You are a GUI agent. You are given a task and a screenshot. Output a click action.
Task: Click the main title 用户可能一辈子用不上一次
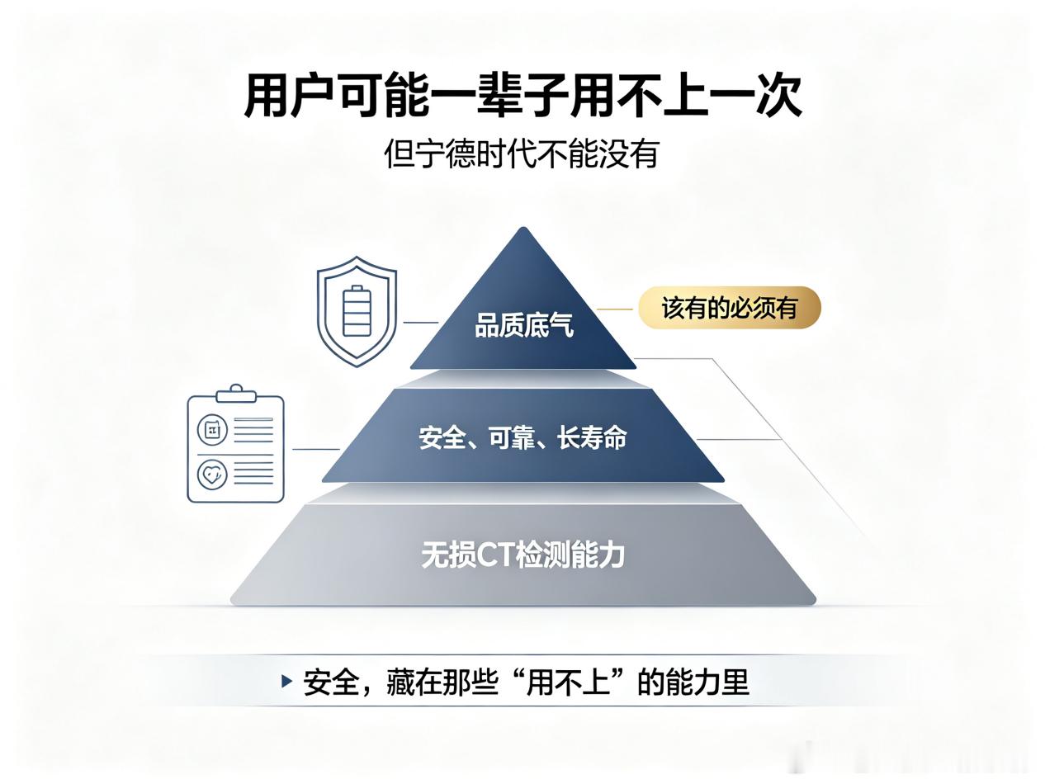(x=522, y=97)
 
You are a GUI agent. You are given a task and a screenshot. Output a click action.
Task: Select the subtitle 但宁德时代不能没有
(x=522, y=153)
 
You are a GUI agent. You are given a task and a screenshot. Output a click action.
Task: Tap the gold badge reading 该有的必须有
(x=730, y=308)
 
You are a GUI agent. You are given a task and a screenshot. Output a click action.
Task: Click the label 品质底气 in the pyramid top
(x=524, y=326)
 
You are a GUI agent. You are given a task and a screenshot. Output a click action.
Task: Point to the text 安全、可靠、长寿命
(x=522, y=437)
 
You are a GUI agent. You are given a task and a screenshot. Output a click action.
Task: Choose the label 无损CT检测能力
(x=522, y=555)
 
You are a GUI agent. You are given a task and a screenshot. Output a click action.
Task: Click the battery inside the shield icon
(x=357, y=311)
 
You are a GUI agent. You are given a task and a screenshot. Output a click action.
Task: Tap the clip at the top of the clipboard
(x=236, y=394)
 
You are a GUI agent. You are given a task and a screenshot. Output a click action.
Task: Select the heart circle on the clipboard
(x=212, y=474)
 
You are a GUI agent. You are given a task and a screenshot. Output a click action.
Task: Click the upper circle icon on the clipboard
(x=212, y=430)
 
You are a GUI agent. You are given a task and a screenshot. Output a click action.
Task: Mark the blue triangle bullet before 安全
(x=286, y=682)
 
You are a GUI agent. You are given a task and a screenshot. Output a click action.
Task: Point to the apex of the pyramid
(x=523, y=228)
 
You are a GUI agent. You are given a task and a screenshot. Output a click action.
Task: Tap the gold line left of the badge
(x=615, y=309)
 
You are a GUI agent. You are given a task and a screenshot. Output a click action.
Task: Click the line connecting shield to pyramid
(x=421, y=322)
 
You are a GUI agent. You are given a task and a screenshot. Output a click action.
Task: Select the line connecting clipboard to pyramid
(x=316, y=449)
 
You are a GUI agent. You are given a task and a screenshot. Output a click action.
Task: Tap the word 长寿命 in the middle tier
(x=593, y=437)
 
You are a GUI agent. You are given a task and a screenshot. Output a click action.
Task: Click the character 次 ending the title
(x=779, y=97)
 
